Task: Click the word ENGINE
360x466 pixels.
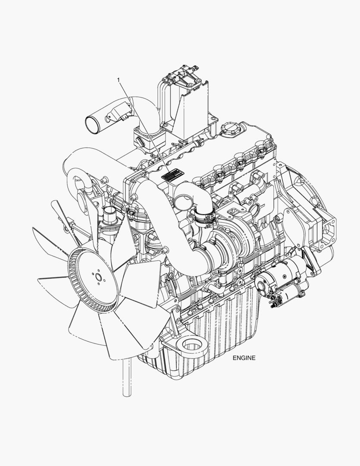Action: pos(244,358)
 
